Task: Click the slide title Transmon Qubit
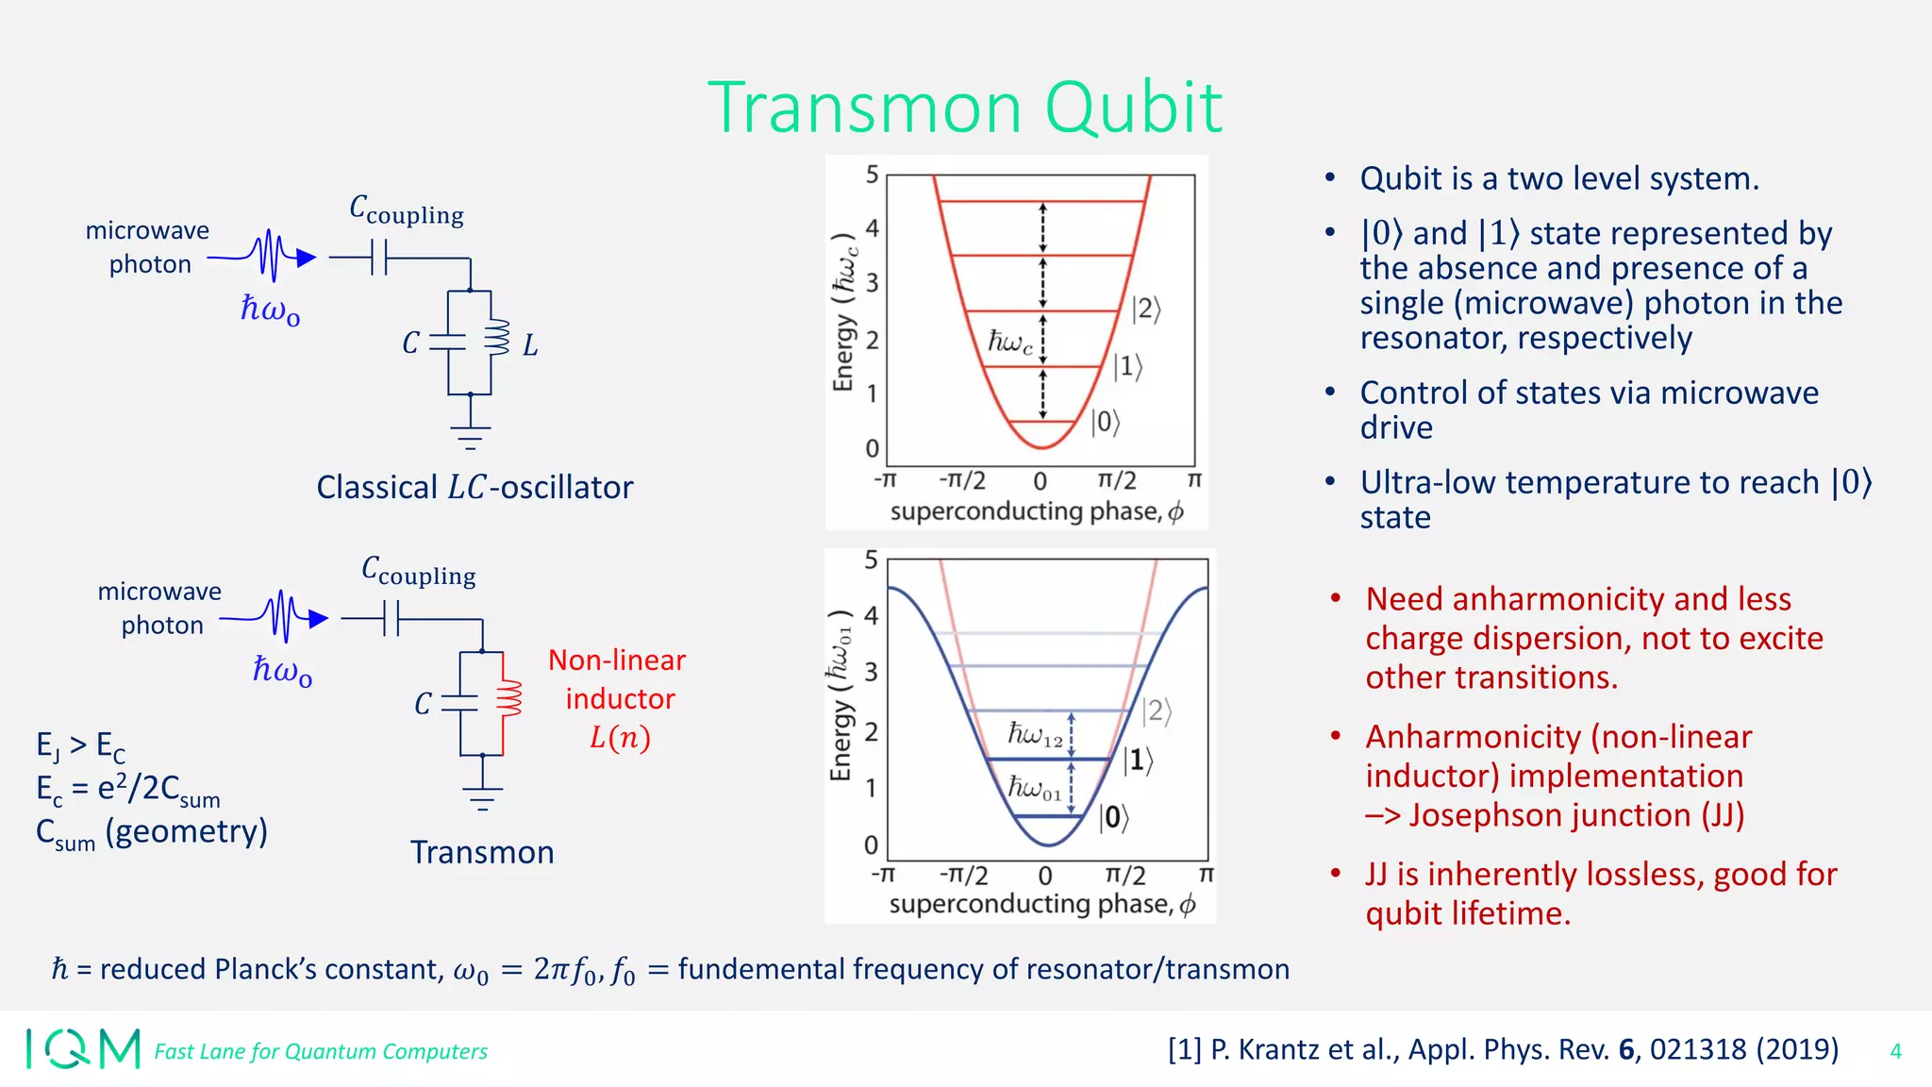pyautogui.click(x=964, y=108)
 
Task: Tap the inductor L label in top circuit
pyautogui.click(x=530, y=345)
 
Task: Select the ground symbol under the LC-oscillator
pyautogui.click(x=470, y=436)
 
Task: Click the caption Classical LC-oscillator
pyautogui.click(x=475, y=487)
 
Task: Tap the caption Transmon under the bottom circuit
pyautogui.click(x=482, y=852)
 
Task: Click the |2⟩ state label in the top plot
pyautogui.click(x=1146, y=309)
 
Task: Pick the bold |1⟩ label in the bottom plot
pyautogui.click(x=1138, y=761)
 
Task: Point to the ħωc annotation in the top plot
pyautogui.click(x=1009, y=342)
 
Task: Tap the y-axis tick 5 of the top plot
pyautogui.click(x=872, y=175)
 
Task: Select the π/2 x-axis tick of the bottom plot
pyautogui.click(x=1124, y=876)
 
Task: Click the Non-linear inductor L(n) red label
pyautogui.click(x=618, y=698)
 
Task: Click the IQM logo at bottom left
pyautogui.click(x=83, y=1048)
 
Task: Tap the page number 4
pyautogui.click(x=1895, y=1051)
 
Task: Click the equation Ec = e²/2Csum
pyautogui.click(x=127, y=789)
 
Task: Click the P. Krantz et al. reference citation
pyautogui.click(x=1503, y=1049)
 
